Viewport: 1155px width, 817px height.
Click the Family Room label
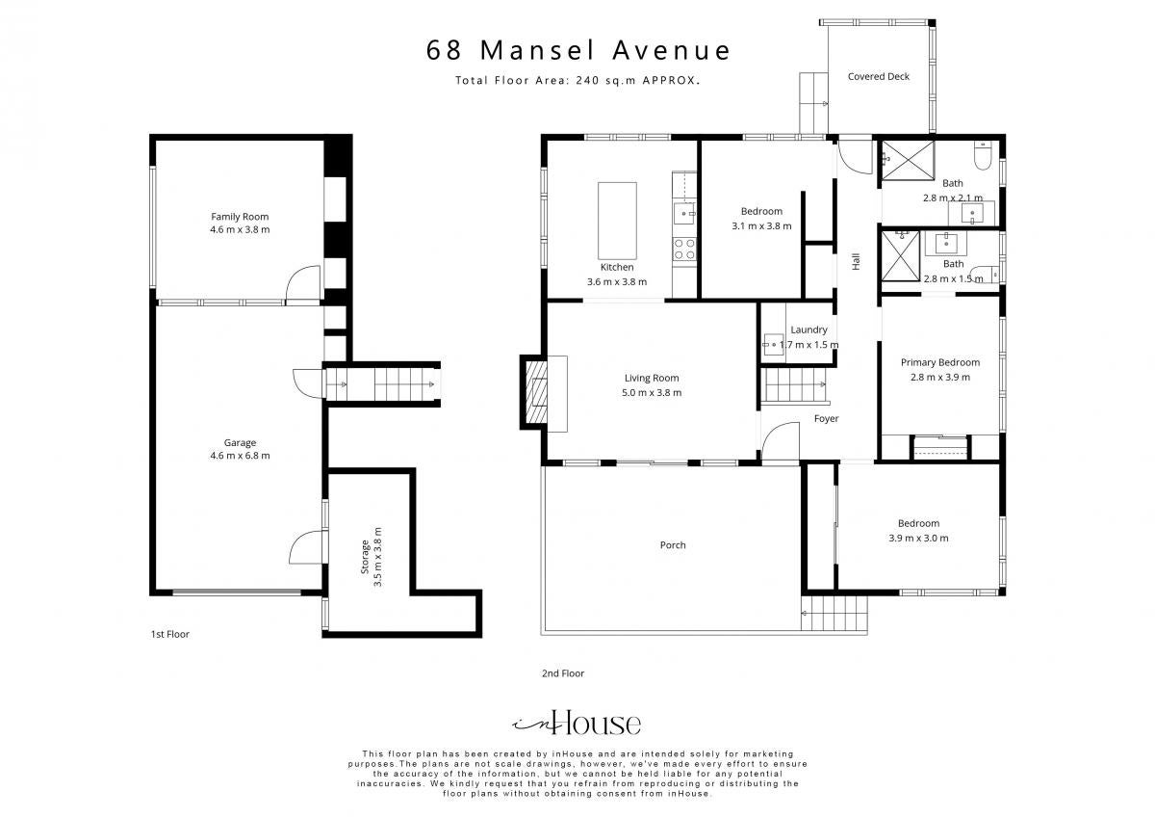(240, 217)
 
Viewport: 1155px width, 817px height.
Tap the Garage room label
(240, 442)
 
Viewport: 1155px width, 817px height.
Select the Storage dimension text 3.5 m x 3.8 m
(378, 557)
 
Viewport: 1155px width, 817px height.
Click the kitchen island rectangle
(617, 221)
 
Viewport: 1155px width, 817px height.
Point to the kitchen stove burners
(684, 249)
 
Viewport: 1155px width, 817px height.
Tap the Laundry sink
(774, 344)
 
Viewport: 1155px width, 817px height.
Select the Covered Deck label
(878, 76)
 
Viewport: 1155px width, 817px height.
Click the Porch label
(673, 545)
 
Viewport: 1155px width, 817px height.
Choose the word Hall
(856, 261)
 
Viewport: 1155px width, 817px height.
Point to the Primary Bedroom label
(940, 362)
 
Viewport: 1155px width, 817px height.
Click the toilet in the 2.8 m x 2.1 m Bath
(983, 155)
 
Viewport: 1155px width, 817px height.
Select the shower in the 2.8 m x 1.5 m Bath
(900, 256)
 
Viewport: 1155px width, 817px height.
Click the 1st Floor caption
(170, 634)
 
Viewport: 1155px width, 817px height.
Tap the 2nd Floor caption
(563, 673)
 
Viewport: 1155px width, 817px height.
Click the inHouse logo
(577, 724)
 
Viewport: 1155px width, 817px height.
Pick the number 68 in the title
(444, 50)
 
